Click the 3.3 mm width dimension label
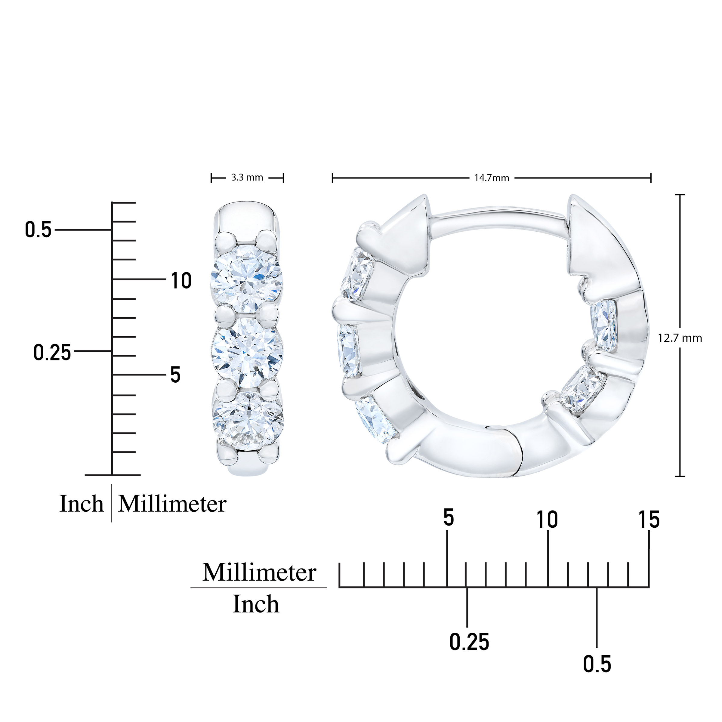pyautogui.click(x=247, y=177)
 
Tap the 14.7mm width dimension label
pyautogui.click(x=492, y=178)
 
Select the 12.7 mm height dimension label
pyautogui.click(x=680, y=338)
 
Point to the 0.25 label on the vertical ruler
pyautogui.click(x=52, y=352)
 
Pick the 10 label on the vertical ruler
pyautogui.click(x=181, y=281)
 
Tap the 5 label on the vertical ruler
pyautogui.click(x=175, y=375)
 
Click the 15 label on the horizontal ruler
pyautogui.click(x=649, y=520)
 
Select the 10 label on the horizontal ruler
pyautogui.click(x=547, y=520)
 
